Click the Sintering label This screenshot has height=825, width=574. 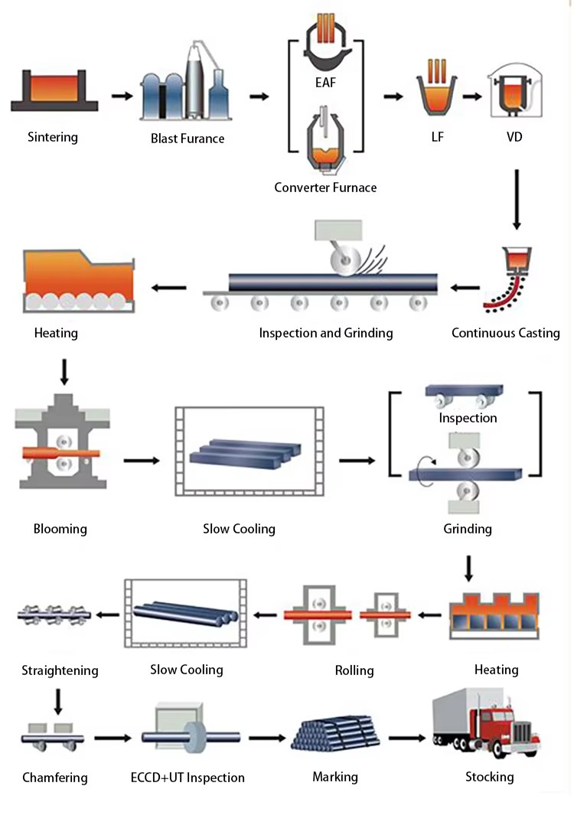(53, 137)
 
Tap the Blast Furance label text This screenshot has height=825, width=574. (188, 139)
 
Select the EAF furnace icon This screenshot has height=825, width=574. (326, 42)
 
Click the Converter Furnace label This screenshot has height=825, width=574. (326, 187)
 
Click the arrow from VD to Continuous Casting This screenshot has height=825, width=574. (517, 200)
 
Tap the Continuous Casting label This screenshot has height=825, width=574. (506, 333)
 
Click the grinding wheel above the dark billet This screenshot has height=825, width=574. (346, 260)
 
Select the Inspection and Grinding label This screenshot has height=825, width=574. (326, 333)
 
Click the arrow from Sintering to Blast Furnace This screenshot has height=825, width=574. (122, 96)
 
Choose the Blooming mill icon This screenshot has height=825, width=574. (63, 442)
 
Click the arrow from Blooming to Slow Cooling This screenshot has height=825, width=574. (142, 461)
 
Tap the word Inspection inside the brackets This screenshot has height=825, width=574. (468, 418)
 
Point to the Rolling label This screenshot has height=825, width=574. (354, 670)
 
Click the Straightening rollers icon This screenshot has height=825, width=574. (54, 615)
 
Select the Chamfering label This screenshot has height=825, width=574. (54, 778)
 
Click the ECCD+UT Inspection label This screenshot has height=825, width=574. (188, 778)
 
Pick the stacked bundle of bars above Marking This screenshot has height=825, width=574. (336, 733)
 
